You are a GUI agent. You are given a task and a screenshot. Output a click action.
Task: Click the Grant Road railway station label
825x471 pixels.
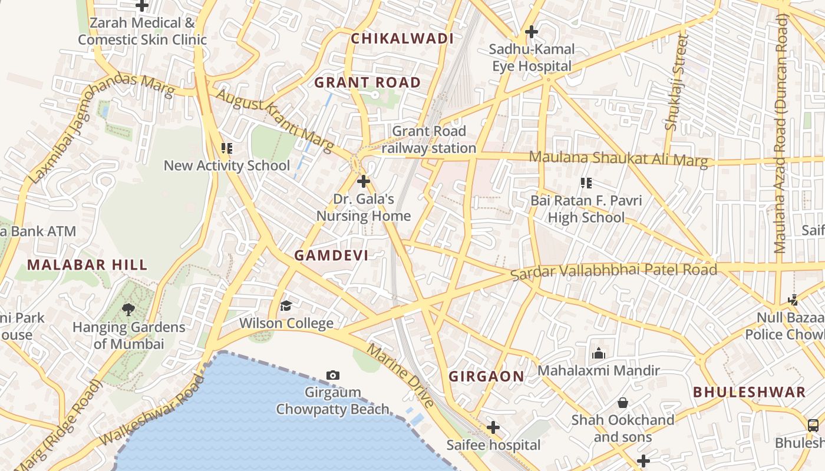(428, 140)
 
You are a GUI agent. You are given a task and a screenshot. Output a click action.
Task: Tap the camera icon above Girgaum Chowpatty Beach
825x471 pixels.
(332, 375)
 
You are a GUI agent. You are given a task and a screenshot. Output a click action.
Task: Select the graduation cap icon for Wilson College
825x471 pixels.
(286, 306)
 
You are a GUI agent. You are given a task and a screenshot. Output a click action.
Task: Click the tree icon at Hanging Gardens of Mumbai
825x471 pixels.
(128, 309)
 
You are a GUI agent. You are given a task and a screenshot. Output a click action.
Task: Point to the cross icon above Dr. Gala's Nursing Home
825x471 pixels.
(364, 181)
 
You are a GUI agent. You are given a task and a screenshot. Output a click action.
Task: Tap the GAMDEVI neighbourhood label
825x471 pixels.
(331, 256)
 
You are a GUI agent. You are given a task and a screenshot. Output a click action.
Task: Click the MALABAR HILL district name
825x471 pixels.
(87, 265)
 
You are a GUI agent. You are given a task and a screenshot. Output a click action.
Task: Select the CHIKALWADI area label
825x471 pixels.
(402, 39)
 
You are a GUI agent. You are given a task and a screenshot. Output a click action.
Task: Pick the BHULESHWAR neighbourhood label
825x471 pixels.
(749, 392)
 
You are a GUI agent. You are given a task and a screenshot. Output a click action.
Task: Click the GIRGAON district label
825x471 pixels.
(486, 377)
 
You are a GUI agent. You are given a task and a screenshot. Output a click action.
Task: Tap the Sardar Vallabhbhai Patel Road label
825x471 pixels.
(613, 271)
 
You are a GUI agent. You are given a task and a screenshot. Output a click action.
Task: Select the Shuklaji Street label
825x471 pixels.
(676, 82)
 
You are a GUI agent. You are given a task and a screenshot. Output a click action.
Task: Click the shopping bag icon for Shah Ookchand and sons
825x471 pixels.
(622, 403)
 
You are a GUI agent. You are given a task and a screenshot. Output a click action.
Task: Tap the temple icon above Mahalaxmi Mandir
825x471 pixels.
(598, 353)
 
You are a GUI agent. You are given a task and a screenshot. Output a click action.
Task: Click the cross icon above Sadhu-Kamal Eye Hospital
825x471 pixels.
(532, 31)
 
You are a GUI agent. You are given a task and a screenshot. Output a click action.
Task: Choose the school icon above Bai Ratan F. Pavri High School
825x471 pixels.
(586, 183)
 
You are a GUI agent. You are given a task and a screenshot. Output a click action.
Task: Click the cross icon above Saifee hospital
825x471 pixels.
(493, 427)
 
